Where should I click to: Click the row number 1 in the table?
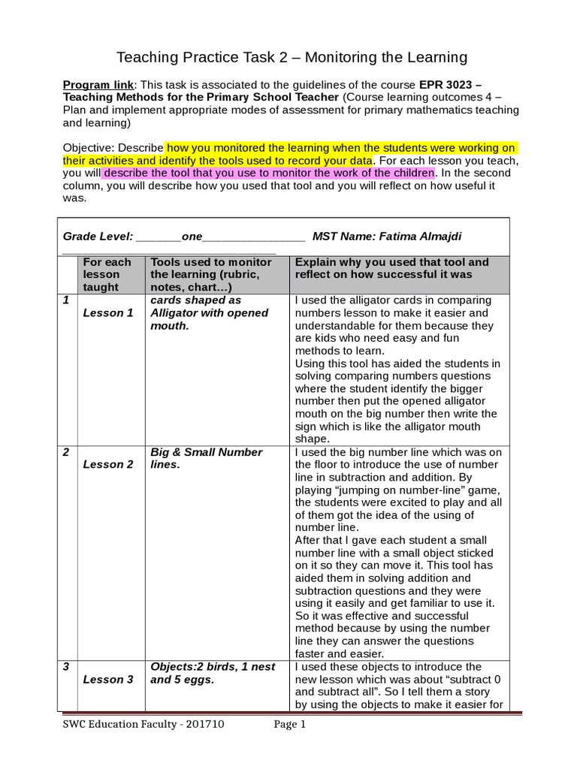pos(66,300)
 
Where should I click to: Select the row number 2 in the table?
pos(67,452)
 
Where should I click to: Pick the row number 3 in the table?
pos(66,667)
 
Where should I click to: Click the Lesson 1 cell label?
pos(107,312)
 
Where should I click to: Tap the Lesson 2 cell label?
pos(107,464)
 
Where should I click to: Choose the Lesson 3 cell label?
pos(107,679)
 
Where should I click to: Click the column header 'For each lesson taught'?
pos(106,274)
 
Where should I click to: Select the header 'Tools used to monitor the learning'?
pos(211,274)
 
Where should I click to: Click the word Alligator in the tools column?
pos(180,312)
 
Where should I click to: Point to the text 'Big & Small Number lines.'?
pos(207,458)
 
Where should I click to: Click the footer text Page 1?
pos(288,725)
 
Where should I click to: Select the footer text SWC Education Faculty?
pos(117,725)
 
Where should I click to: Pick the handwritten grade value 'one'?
pos(192,237)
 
